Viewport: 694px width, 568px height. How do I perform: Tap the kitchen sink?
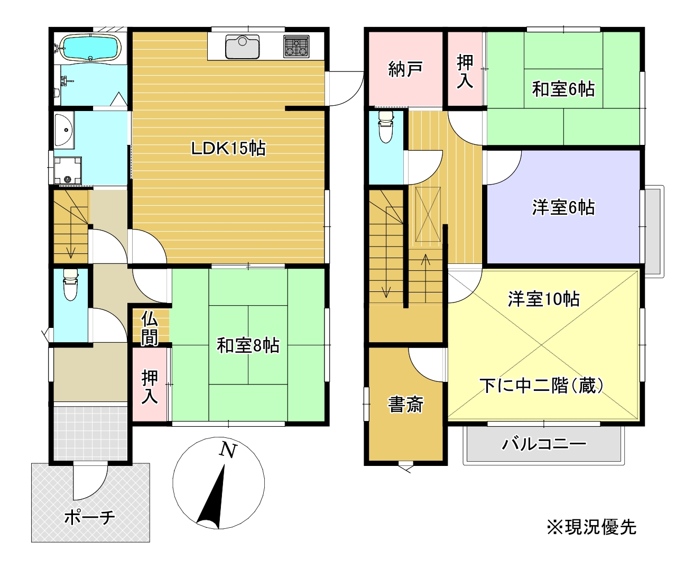click(243, 47)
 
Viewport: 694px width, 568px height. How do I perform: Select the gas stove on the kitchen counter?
click(297, 46)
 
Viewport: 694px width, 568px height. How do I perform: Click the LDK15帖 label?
click(228, 149)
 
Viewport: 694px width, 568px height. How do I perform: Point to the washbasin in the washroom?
click(64, 130)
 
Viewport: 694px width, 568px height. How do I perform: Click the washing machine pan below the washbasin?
click(67, 170)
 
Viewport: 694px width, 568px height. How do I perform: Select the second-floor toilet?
click(386, 127)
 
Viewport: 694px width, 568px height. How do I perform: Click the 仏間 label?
click(150, 329)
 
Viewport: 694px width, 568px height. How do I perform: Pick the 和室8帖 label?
click(248, 345)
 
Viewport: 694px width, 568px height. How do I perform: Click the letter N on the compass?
click(228, 450)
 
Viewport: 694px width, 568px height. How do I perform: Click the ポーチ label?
click(89, 517)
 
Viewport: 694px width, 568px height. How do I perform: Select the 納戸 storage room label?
click(405, 69)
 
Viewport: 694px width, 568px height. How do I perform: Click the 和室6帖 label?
click(563, 89)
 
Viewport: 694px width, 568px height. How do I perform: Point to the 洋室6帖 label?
click(563, 207)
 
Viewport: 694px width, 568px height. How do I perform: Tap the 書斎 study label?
click(405, 405)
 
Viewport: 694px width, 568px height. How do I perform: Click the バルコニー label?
click(544, 443)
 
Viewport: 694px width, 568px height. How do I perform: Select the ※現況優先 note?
click(591, 527)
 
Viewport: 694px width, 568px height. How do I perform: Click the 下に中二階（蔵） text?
click(542, 386)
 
